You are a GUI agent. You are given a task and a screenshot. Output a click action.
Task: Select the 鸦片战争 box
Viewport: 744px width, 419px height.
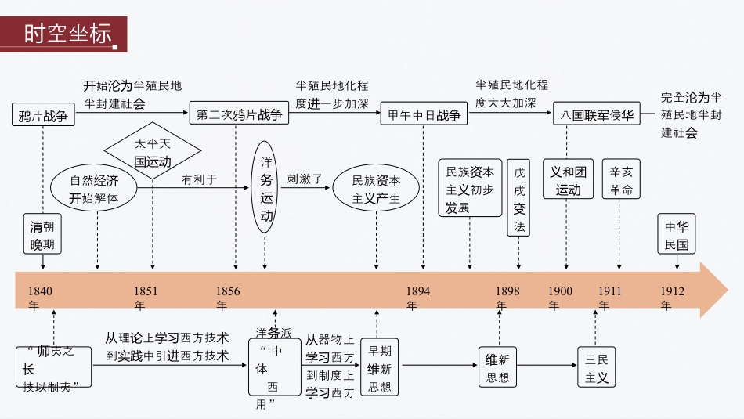coord(43,115)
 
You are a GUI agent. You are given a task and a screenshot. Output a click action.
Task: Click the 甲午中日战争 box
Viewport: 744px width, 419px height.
coord(424,115)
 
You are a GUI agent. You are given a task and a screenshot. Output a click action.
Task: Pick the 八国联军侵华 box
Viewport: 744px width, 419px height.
coord(596,115)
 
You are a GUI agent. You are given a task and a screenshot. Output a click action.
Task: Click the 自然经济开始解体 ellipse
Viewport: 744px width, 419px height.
coord(94,189)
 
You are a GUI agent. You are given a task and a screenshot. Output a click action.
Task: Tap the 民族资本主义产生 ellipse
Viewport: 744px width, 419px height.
coord(376,189)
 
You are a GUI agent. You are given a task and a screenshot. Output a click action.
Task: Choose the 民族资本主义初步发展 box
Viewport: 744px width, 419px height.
coord(470,189)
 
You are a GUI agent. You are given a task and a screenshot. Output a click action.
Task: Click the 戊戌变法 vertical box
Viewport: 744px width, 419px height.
coord(519,199)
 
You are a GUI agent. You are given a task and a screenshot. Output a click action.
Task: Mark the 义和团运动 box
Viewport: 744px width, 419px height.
coord(568,181)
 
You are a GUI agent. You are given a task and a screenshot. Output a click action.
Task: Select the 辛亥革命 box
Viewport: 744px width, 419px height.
coord(620,181)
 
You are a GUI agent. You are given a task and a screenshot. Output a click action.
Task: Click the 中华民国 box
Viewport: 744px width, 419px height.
coord(676,235)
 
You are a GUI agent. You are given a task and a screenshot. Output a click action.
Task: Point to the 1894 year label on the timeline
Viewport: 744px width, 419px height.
coord(417,291)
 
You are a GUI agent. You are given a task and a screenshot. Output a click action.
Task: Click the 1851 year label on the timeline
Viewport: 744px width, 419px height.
coord(146,291)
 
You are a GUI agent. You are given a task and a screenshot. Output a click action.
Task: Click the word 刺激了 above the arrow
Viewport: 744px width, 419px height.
coord(304,179)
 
